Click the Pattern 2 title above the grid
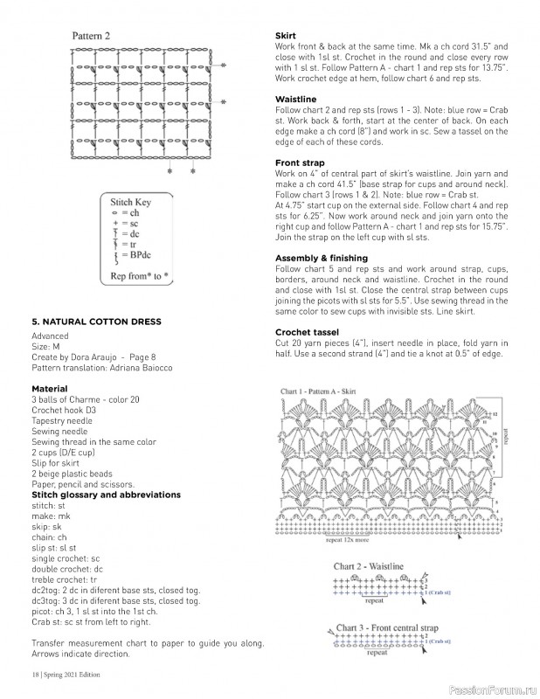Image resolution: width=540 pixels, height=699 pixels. (91, 37)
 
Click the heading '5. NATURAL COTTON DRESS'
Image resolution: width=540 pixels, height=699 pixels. (96, 322)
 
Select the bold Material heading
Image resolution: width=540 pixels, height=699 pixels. (49, 388)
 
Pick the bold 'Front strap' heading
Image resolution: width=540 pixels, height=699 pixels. (300, 163)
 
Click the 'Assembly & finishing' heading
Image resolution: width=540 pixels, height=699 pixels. (322, 259)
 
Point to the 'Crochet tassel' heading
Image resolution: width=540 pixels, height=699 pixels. (306, 332)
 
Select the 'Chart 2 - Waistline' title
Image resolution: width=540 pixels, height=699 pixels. (368, 567)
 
